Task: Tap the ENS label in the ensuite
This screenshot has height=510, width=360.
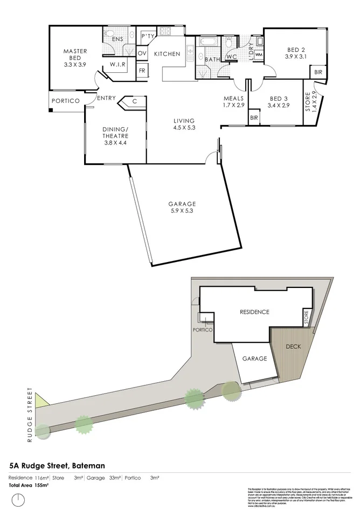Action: (117, 39)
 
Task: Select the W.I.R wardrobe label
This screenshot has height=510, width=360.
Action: (118, 65)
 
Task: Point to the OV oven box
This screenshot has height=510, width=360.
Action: (142, 53)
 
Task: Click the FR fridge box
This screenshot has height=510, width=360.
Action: (142, 71)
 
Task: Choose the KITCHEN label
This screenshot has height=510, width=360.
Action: (167, 54)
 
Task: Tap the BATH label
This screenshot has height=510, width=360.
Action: (212, 59)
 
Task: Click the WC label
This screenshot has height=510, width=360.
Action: (232, 57)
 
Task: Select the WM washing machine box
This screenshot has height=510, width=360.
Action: (258, 54)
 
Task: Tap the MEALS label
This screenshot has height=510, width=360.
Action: (234, 99)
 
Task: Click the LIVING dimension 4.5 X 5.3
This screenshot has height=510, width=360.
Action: (184, 128)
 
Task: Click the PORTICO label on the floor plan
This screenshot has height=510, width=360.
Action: (66, 101)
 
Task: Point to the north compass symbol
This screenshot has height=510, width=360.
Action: (19, 499)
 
